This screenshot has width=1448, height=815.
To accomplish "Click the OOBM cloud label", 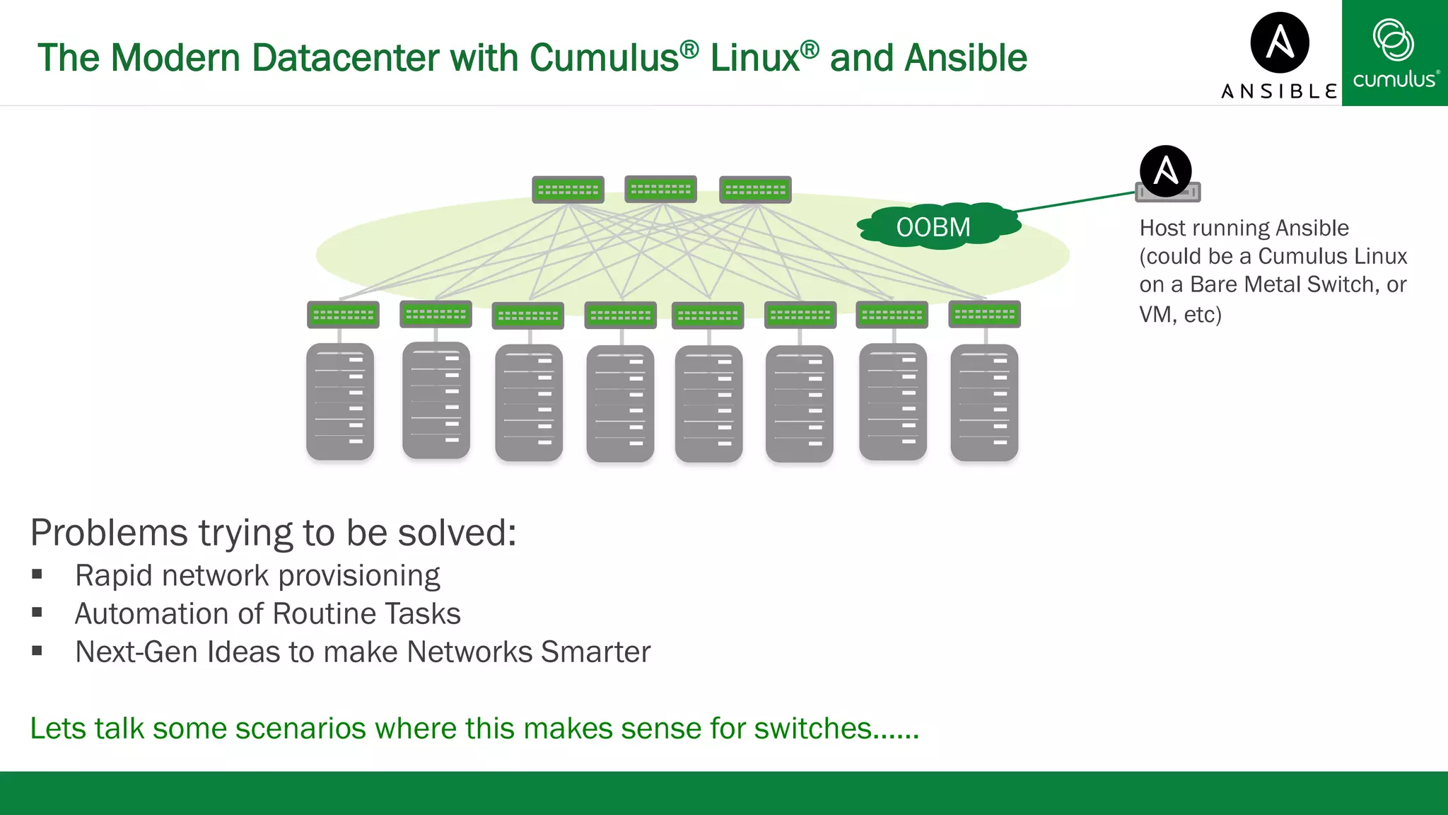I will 933,227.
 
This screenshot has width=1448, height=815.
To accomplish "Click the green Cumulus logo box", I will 1394,53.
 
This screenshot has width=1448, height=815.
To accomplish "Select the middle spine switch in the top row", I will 661,189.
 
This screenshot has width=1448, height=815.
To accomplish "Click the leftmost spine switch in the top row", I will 568,190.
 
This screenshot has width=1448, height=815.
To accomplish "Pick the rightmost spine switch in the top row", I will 755,190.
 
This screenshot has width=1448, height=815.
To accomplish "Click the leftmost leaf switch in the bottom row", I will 343,315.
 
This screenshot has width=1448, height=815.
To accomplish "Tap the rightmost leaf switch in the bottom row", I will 984,314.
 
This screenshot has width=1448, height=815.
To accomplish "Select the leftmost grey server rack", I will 340,402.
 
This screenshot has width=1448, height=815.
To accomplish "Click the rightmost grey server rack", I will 984,403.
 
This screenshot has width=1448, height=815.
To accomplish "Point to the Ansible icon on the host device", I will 1165,170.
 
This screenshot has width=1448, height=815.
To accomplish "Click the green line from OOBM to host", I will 1075,202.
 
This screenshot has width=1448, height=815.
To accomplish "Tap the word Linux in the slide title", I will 754,58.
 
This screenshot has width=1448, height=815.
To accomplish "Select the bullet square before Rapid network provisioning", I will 37,574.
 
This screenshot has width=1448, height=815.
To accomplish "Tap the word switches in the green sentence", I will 812,728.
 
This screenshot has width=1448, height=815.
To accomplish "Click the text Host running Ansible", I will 1244,228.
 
